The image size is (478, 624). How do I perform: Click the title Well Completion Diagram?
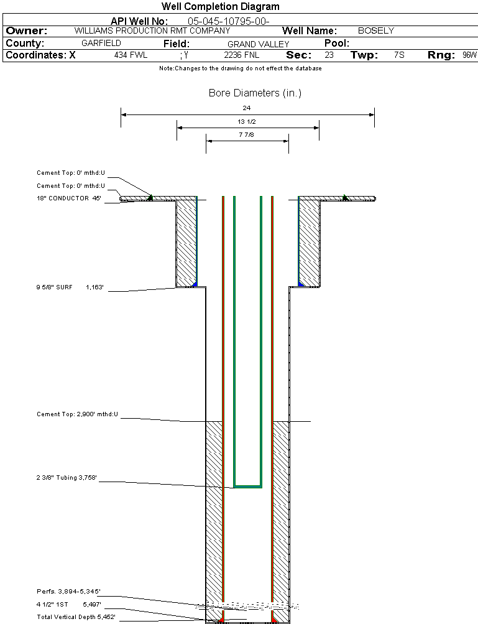(220, 7)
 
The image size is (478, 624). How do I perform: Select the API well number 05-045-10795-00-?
(228, 21)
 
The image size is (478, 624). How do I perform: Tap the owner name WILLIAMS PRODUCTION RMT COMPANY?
(152, 30)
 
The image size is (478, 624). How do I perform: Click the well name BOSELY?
(376, 30)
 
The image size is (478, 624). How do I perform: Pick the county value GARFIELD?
(101, 44)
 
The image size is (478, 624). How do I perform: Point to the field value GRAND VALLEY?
(258, 44)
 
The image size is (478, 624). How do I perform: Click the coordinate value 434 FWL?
(131, 55)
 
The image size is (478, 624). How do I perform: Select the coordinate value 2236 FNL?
(241, 55)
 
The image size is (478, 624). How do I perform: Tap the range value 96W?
(469, 55)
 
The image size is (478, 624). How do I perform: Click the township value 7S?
(399, 55)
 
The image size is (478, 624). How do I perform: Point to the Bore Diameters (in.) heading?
(255, 93)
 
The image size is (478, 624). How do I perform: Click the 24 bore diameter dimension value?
(247, 108)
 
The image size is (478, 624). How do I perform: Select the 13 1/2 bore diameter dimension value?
(247, 121)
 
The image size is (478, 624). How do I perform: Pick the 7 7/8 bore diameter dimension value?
(247, 134)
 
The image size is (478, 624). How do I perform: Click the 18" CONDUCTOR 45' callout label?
(69, 198)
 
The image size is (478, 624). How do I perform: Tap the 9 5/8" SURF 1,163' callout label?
(70, 288)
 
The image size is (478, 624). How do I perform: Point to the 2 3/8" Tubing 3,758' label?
(67, 478)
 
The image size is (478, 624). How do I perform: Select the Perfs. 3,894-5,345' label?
(68, 591)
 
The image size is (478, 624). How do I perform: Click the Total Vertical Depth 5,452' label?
(76, 617)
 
